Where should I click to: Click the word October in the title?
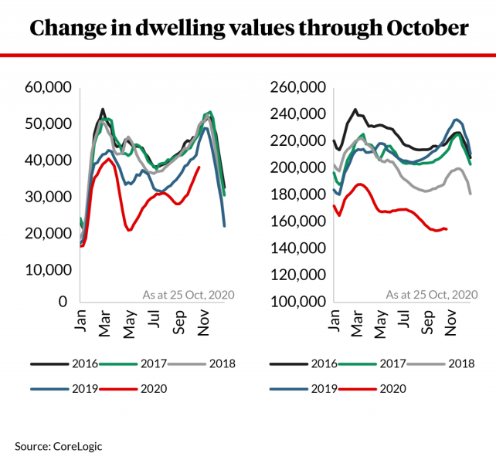pyautogui.click(x=424, y=29)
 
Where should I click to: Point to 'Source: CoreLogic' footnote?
pyautogui.click(x=58, y=445)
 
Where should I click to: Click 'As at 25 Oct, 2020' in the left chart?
pyautogui.click(x=189, y=294)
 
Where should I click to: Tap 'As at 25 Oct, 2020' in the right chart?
pyautogui.click(x=432, y=294)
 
